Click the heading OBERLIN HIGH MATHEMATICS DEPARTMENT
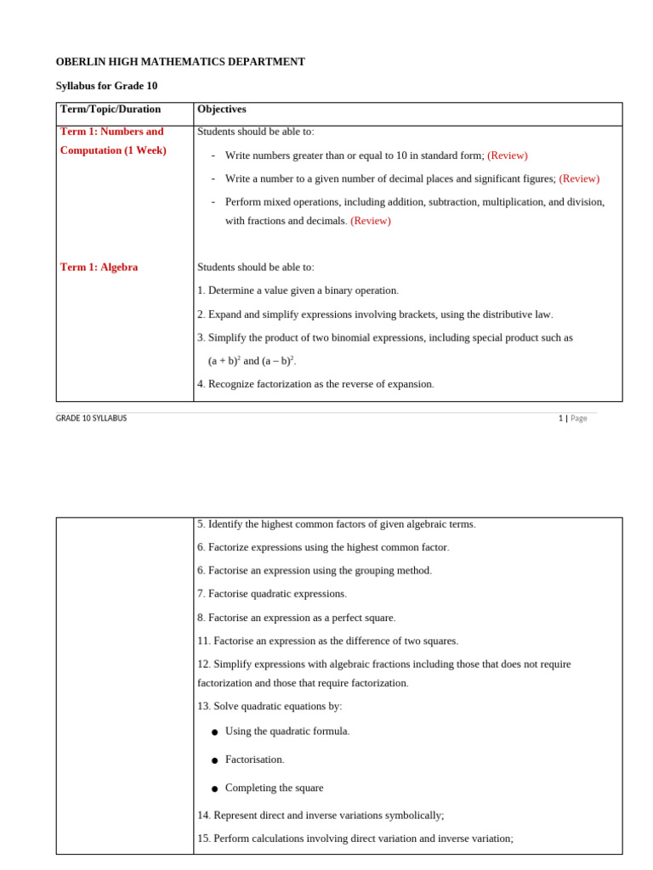coord(180,62)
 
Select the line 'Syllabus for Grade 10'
coord(106,86)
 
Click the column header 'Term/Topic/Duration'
coord(111,110)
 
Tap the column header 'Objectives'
coord(222,110)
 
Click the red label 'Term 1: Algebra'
coord(99,267)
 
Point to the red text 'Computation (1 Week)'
coord(113,150)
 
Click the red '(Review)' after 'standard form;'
coord(507,155)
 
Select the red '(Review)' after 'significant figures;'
coord(579,178)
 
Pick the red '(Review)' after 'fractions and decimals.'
coord(371,221)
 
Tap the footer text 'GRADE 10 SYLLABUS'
coord(91,418)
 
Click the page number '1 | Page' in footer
coord(572,418)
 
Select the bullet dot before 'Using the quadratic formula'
coord(214,732)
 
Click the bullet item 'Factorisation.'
coord(254,760)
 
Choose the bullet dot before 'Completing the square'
coord(214,789)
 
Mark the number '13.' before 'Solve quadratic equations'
coord(204,706)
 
